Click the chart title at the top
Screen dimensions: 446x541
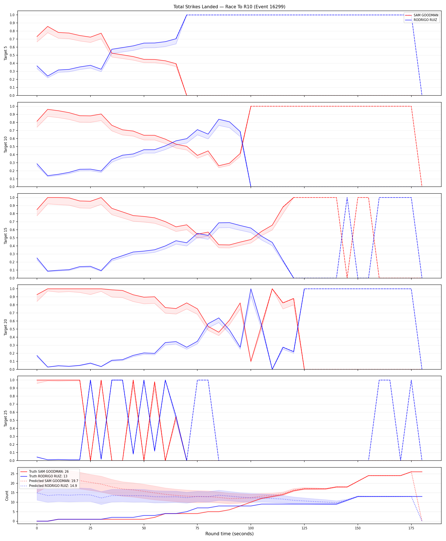tap(229, 7)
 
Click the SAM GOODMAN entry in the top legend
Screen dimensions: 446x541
tap(422, 15)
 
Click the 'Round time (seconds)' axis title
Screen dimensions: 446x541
tap(229, 534)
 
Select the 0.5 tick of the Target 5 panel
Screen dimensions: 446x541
tap(12, 55)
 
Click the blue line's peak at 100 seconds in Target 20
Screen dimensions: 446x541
tap(251, 289)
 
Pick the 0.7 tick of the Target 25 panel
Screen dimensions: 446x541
tap(12, 404)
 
